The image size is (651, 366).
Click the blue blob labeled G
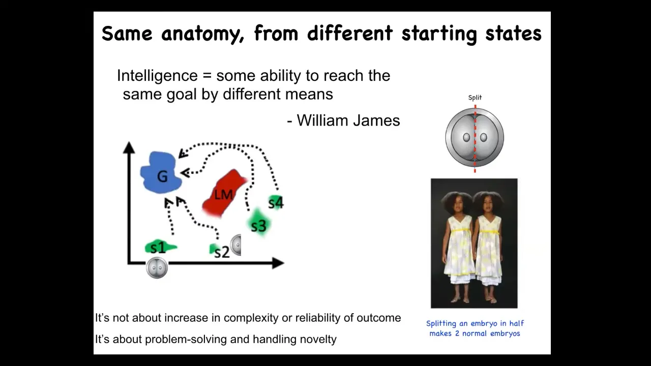161,172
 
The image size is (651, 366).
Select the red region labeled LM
224,193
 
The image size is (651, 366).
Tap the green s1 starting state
160,248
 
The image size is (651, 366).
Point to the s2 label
222,252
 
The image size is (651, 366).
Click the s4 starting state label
276,202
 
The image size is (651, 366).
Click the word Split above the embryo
475,98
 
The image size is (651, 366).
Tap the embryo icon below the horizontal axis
157,267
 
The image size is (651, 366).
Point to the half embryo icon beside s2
235,245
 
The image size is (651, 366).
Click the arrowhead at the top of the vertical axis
129,147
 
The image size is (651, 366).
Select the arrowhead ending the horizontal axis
278,263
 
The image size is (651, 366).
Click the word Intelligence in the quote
157,76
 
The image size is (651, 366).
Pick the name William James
348,120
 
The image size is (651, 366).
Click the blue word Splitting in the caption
441,324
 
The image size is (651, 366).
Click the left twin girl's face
458,207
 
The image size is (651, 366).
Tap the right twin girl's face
488,207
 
